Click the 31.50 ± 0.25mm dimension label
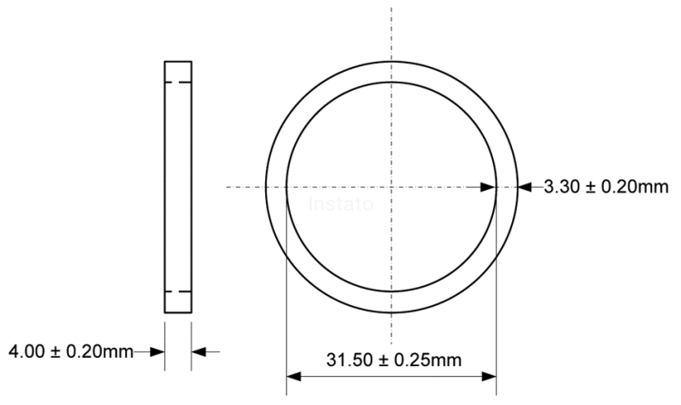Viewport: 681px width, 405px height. pyautogui.click(x=393, y=360)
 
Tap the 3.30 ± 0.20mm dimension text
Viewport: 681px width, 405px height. pyautogui.click(x=606, y=187)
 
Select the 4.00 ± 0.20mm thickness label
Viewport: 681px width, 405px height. pyautogui.click(x=71, y=351)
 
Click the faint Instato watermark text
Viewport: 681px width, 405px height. pyautogui.click(x=340, y=203)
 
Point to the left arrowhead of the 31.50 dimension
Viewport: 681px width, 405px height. pyautogui.click(x=293, y=376)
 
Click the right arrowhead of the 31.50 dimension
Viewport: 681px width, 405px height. pyautogui.click(x=489, y=376)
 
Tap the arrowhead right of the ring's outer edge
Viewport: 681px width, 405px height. pyautogui.click(x=525, y=187)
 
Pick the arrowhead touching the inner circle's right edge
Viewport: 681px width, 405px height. pyautogui.click(x=489, y=187)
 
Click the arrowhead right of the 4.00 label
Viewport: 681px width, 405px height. pyautogui.click(x=157, y=351)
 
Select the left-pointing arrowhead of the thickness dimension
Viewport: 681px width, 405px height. pyautogui.click(x=199, y=351)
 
